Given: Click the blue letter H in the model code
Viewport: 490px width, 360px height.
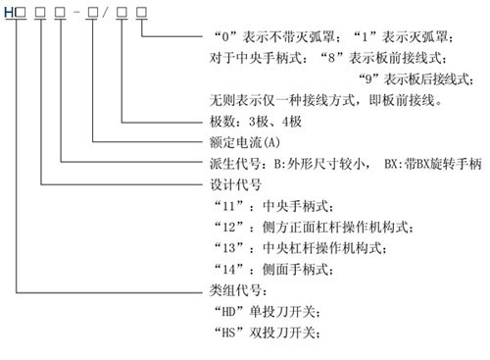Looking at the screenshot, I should tap(7, 14).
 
